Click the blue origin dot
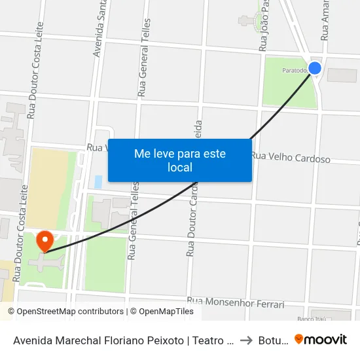click(315, 68)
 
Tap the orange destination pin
click(45, 241)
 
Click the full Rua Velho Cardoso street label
click(291, 158)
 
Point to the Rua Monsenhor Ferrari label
click(236, 303)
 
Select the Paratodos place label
click(295, 69)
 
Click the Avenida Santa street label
click(100, 29)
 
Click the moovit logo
click(321, 340)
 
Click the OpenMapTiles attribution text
click(162, 312)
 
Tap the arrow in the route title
click(246, 340)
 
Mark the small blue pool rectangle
click(98, 181)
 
